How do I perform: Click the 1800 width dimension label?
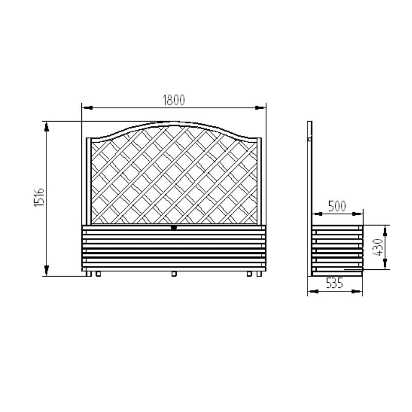pyautogui.click(x=174, y=100)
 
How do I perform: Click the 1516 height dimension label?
pyautogui.click(x=40, y=197)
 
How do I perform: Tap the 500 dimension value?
pyautogui.click(x=337, y=207)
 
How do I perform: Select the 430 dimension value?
pyautogui.click(x=378, y=247)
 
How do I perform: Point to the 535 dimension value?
pyautogui.click(x=334, y=284)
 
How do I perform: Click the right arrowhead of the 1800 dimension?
pyautogui.click(x=260, y=108)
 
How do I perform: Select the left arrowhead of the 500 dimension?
pyautogui.click(x=317, y=214)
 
